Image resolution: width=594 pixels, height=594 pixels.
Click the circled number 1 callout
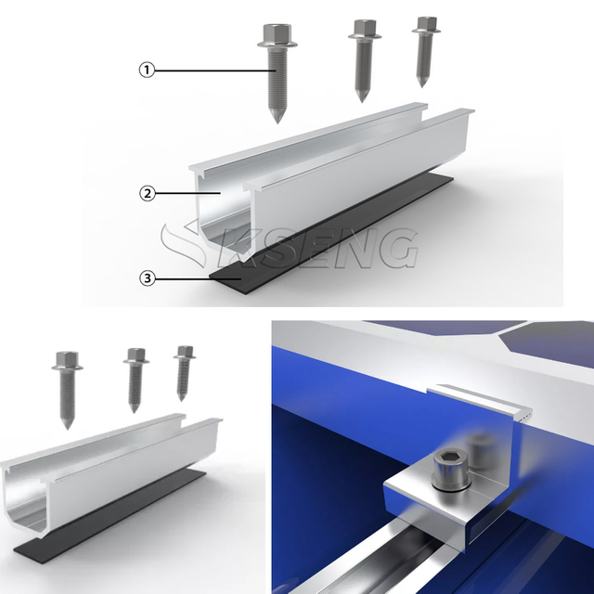coord(147,69)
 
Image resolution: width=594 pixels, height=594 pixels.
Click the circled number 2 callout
coord(147,193)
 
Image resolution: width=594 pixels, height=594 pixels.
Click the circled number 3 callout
coord(147,278)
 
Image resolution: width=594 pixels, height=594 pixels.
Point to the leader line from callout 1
coord(213,69)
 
